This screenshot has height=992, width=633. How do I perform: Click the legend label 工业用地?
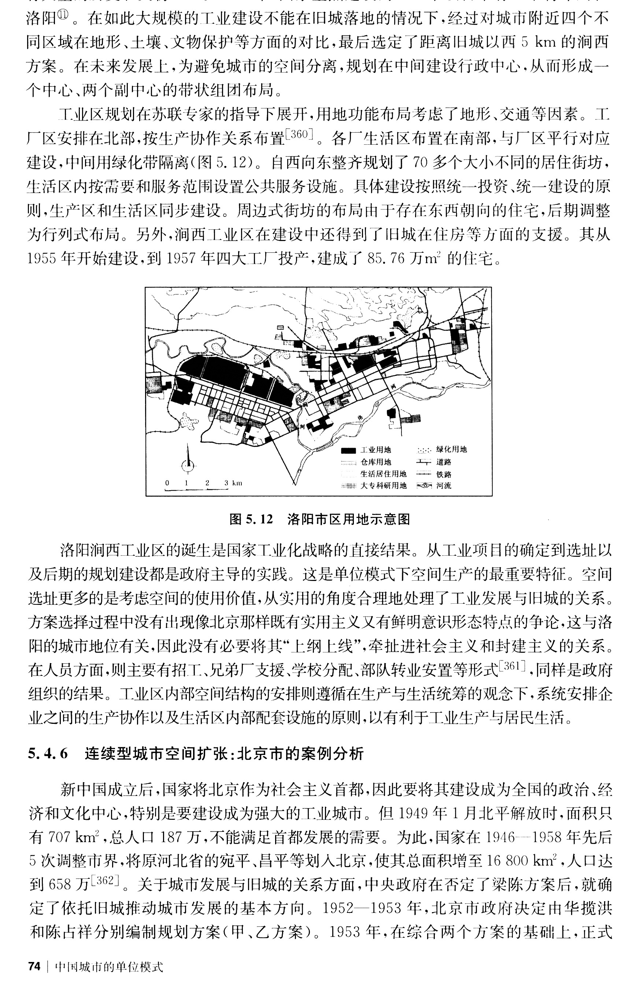(x=375, y=450)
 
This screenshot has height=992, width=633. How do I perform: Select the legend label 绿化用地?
(x=452, y=449)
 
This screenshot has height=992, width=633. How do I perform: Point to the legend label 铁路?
(x=444, y=474)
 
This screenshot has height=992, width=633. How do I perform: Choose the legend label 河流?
(x=444, y=486)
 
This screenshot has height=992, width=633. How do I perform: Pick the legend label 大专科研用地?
(x=384, y=486)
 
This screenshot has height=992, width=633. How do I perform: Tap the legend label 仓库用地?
(x=375, y=462)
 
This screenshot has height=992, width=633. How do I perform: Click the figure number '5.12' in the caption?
(x=260, y=519)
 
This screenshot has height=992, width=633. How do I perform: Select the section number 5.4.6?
(x=47, y=754)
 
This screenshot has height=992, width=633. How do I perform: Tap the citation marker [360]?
(x=299, y=134)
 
